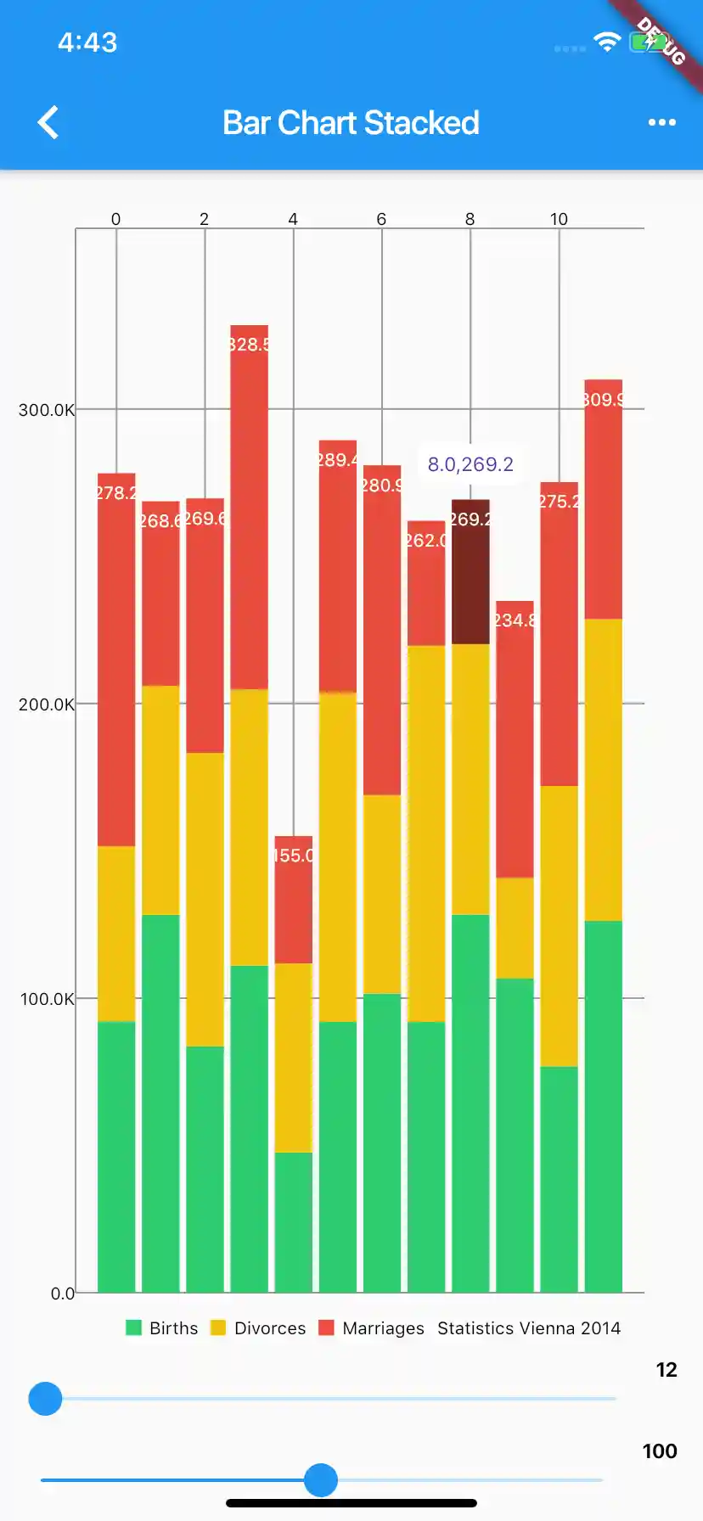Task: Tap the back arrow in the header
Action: (x=48, y=122)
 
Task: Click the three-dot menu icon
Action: (x=661, y=122)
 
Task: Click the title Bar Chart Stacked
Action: (x=351, y=123)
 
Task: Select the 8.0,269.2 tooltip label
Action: (x=470, y=464)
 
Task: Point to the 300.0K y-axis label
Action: (x=46, y=410)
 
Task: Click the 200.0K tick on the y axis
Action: (x=46, y=704)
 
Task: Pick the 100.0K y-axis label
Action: (x=47, y=999)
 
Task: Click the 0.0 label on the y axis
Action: (x=62, y=1294)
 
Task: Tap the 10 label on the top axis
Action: (x=559, y=219)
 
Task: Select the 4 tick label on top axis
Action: (x=293, y=219)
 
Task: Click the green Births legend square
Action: (x=133, y=1327)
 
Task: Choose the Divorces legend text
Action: (x=270, y=1328)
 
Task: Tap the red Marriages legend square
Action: (x=326, y=1327)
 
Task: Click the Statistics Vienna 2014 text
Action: (x=529, y=1328)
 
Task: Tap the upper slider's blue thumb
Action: (x=45, y=1399)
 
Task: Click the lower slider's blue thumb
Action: (x=321, y=1480)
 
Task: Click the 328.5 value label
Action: (x=249, y=345)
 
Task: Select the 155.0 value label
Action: (x=294, y=856)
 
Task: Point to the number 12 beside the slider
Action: (x=666, y=1370)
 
